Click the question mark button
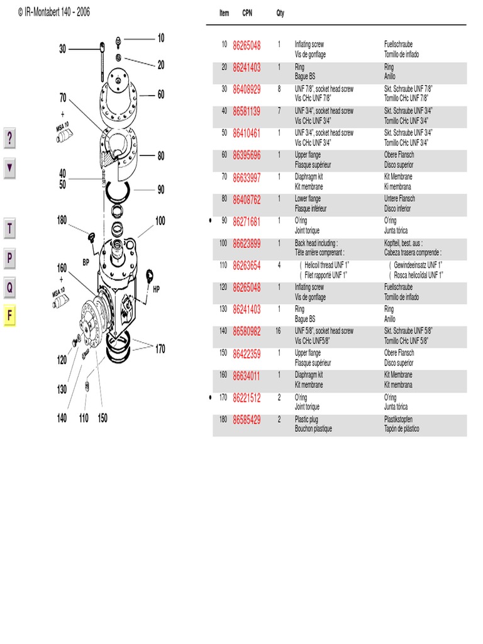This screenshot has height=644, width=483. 9,138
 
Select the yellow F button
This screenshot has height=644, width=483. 9,316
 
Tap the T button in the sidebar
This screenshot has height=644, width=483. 9,229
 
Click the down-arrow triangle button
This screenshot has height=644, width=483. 9,169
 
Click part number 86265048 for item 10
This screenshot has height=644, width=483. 247,45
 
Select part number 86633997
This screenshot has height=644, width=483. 247,177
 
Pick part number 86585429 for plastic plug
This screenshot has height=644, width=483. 247,419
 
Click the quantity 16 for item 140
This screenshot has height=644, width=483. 278,331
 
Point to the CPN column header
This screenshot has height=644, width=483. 247,13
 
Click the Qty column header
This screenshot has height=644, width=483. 280,13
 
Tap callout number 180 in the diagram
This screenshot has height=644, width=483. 62,220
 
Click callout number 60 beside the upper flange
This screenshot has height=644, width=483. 161,94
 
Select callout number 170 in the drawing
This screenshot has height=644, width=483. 160,348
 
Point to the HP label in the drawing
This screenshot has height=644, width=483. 157,290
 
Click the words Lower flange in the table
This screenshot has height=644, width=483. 308,199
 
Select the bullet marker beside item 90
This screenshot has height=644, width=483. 209,221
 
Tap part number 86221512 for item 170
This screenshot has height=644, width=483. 247,397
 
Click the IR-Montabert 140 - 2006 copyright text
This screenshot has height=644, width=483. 53,12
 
